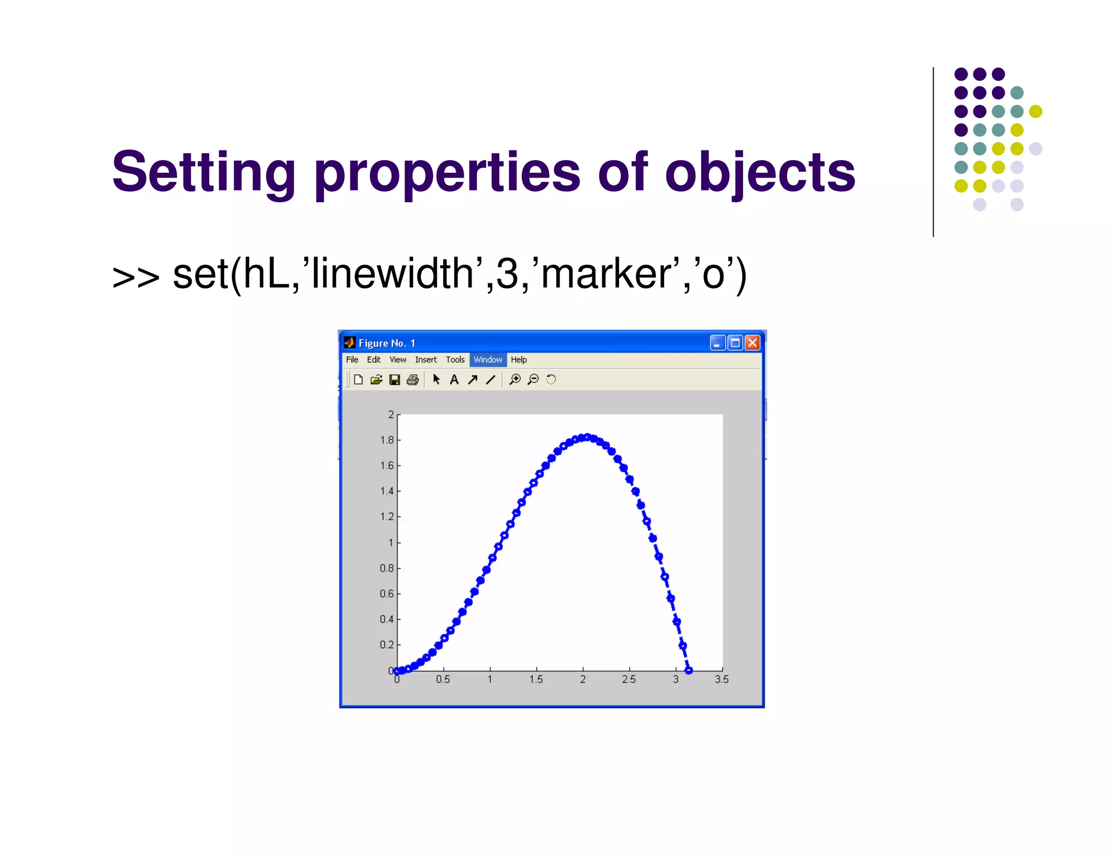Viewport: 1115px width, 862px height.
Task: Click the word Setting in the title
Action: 204,173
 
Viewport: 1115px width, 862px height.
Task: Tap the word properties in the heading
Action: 447,173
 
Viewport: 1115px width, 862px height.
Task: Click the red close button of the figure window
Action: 752,343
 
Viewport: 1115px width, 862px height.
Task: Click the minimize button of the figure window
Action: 717,343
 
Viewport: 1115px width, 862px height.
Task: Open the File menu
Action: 352,360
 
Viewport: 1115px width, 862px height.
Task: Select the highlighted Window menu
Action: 487,360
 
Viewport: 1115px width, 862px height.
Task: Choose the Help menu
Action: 518,360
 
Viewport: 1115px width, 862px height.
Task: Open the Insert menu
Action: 425,360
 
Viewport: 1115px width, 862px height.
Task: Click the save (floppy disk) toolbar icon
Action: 395,380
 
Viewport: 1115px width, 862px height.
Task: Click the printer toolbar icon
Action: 413,380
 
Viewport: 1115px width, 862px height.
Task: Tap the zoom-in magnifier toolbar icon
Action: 514,380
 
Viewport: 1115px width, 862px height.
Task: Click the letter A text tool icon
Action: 454,380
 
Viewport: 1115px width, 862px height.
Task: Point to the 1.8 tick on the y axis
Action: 387,440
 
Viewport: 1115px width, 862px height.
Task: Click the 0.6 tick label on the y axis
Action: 387,594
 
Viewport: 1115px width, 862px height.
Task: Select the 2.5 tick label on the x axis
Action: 629,679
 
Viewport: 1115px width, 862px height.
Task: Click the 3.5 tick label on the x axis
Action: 721,679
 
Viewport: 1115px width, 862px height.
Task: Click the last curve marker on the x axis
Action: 688,670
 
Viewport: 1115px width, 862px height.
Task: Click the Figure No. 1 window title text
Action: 387,343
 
